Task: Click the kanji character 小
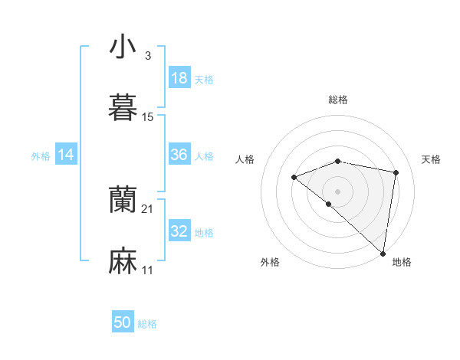(x=123, y=47)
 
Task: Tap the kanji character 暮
(x=123, y=108)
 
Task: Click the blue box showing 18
(x=179, y=78)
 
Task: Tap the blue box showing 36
(x=179, y=155)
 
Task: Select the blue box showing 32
(x=179, y=231)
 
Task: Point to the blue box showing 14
(x=66, y=155)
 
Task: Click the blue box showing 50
(x=123, y=323)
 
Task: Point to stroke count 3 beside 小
(x=147, y=56)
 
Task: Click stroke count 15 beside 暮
(x=148, y=117)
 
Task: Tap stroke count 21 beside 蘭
(x=148, y=209)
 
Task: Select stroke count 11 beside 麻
(x=148, y=270)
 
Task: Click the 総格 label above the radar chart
(x=338, y=100)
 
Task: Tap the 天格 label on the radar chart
(x=431, y=159)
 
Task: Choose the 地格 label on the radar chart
(x=402, y=262)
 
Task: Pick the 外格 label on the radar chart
(x=270, y=262)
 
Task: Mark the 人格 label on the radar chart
(x=245, y=159)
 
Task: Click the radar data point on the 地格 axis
(x=383, y=254)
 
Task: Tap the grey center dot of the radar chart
(x=337, y=191)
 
